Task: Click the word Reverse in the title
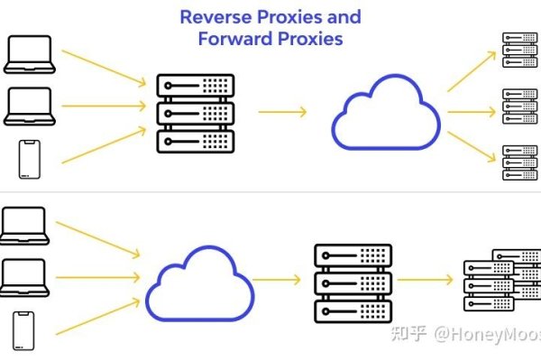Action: tap(213, 17)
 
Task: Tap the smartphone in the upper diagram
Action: tap(30, 160)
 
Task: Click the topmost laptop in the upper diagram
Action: tap(30, 55)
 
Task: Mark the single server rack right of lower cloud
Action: tap(353, 282)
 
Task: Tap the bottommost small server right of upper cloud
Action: tap(518, 162)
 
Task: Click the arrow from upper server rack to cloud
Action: tap(282, 112)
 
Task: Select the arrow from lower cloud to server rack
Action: tap(277, 280)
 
